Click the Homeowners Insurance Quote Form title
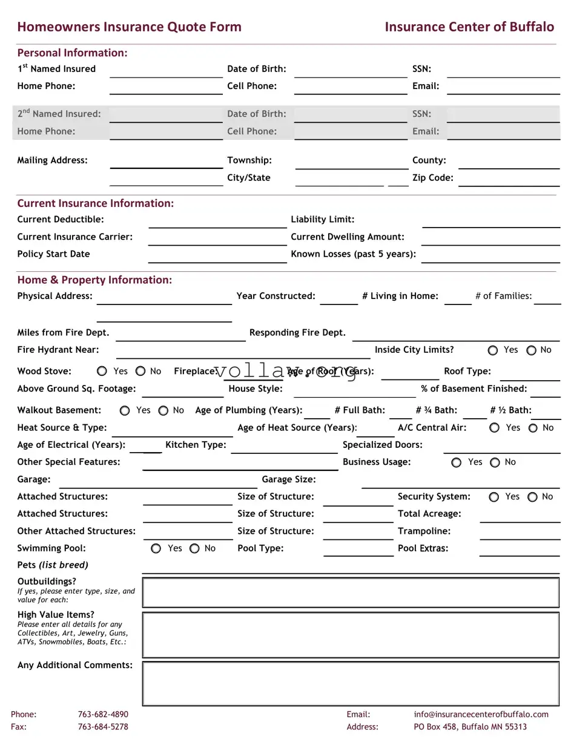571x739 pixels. coord(129,27)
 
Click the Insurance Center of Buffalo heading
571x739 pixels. coord(469,27)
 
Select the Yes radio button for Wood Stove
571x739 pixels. coord(102,372)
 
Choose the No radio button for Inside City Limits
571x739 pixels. coord(531,350)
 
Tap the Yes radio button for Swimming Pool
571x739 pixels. coord(156,548)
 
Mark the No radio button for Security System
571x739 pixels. coord(532,497)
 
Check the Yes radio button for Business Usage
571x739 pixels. coord(457,462)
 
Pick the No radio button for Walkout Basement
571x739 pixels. coord(163,411)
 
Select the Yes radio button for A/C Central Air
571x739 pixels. coord(494,428)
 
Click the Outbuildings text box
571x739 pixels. coord(351,593)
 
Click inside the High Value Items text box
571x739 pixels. coord(351,634)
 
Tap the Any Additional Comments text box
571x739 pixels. coord(351,683)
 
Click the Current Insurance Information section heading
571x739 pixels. coord(95,203)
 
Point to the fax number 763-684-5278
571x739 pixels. coord(103,727)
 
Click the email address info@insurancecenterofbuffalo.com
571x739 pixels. coord(481,714)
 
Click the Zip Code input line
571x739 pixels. coord(509,180)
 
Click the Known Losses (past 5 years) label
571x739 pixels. coord(353,254)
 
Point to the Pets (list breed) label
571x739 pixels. coord(53,565)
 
